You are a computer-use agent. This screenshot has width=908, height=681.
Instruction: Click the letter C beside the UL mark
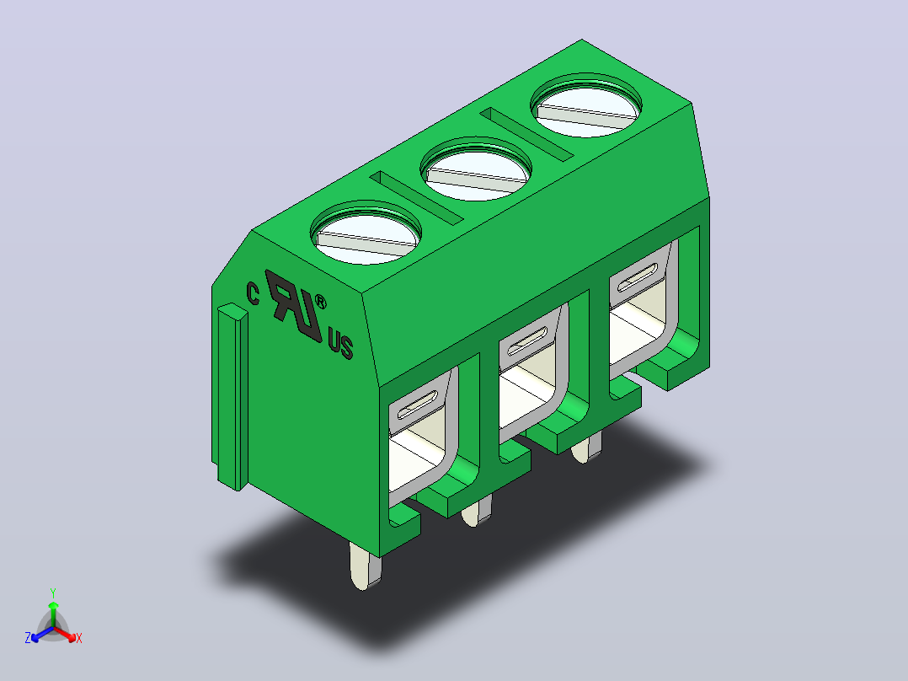click(x=253, y=294)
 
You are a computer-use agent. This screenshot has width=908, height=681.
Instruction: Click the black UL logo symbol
click(x=294, y=304)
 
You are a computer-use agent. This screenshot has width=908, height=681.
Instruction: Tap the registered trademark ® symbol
click(x=320, y=303)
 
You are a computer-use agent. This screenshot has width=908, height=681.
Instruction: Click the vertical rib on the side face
click(x=232, y=396)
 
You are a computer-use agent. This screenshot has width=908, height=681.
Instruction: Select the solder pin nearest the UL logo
click(x=365, y=566)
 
